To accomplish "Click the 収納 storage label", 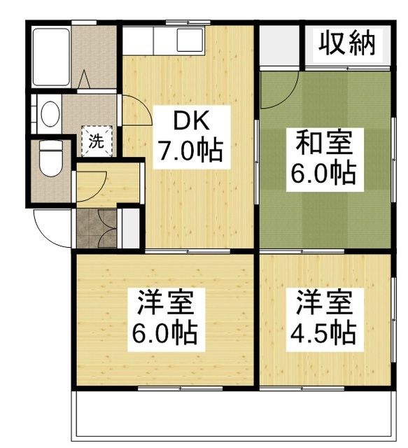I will pos(348,43).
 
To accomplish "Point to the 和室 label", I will pos(324,144).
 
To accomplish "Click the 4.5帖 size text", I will pos(324,332).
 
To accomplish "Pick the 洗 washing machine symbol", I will pos(94,139).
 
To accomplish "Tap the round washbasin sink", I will pos(49,114).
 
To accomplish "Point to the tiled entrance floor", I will pos(97,228).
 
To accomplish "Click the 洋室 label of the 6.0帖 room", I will pos(165,303).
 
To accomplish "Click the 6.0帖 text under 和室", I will pos(324,173).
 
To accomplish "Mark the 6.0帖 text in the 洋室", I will pos(165,332).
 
